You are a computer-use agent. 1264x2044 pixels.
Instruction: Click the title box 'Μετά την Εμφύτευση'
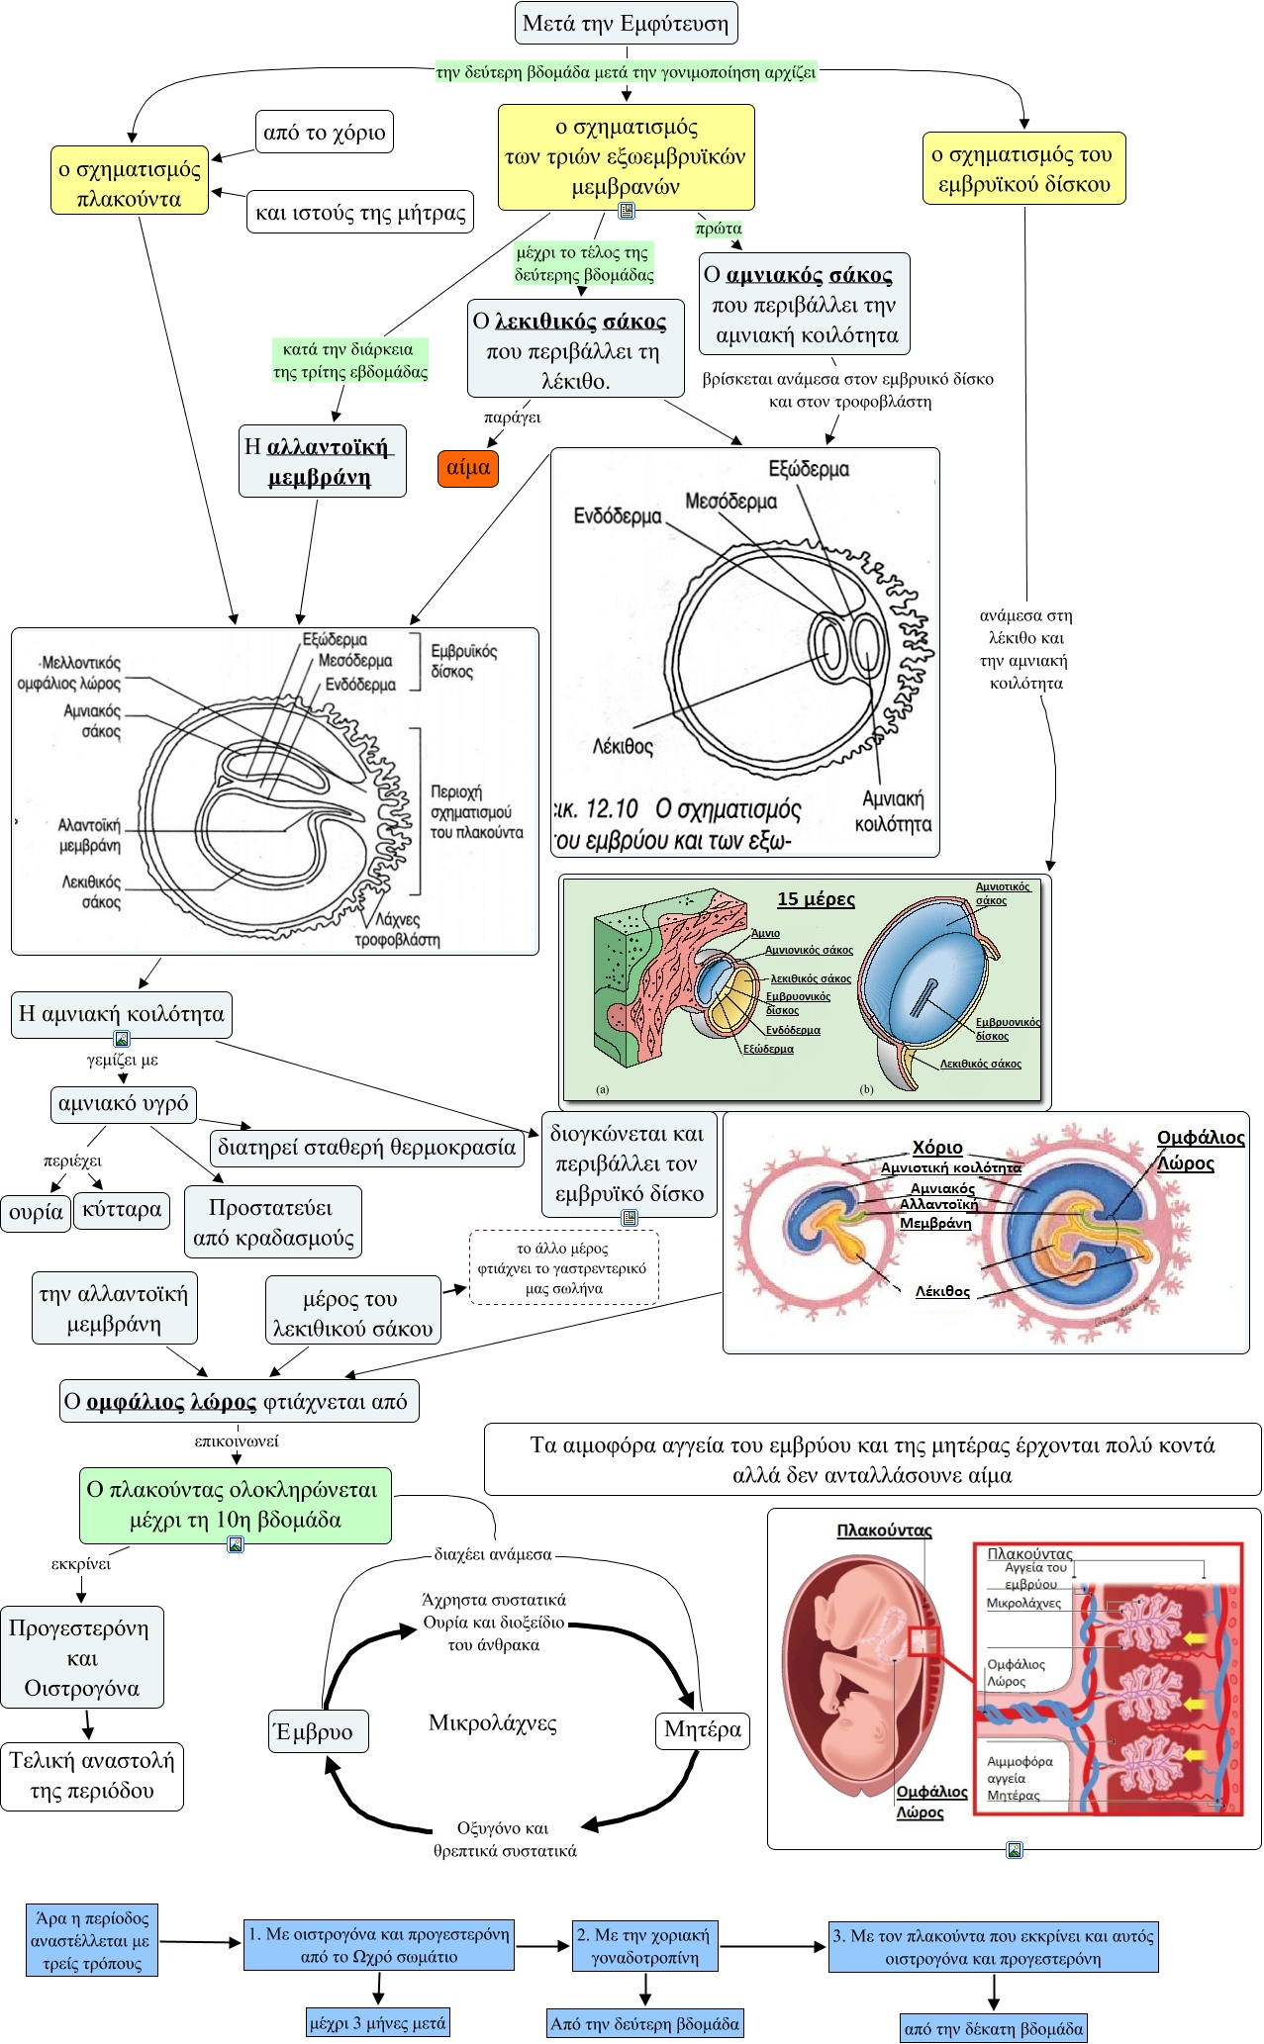point(626,24)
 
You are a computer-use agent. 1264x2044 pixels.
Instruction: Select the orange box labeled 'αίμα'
point(468,468)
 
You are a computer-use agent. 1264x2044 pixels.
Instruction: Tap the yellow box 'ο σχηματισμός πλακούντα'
point(130,183)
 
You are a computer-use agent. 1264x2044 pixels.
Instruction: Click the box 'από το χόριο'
point(324,133)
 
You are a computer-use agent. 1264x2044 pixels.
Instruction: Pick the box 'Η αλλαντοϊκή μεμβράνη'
point(322,462)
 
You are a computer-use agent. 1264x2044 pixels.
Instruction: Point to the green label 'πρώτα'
point(719,229)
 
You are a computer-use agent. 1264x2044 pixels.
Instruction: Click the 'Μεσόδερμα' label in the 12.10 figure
point(731,502)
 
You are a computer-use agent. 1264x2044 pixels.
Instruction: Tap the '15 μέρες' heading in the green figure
point(816,898)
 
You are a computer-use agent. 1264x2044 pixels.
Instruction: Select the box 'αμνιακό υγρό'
point(124,1104)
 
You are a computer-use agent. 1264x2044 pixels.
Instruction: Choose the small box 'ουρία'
point(36,1212)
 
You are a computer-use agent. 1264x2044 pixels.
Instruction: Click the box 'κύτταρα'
point(122,1210)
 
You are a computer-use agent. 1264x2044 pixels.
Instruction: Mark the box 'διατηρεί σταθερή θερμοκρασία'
point(366,1148)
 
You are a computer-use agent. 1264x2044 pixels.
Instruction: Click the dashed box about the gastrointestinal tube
point(563,1268)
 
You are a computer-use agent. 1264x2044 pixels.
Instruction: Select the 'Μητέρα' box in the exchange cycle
point(703,1729)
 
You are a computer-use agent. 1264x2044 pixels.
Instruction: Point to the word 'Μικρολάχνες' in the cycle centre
point(492,1723)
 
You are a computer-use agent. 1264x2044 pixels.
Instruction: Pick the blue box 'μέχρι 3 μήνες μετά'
point(377,2023)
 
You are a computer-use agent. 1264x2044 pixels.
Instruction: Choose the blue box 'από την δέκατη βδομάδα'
point(994,2029)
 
